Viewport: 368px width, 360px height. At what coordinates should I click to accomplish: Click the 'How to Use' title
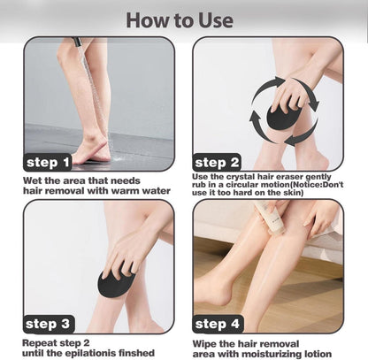tap(180, 20)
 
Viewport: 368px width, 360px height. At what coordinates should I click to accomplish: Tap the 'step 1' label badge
tap(48, 162)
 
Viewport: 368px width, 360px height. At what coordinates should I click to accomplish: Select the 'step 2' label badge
tap(217, 162)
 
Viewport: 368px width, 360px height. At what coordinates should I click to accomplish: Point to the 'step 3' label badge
tap(49, 324)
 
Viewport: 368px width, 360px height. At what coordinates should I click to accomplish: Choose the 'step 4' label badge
tap(218, 324)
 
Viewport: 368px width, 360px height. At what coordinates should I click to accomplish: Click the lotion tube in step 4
tap(271, 218)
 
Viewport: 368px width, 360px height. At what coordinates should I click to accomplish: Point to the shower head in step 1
tap(77, 42)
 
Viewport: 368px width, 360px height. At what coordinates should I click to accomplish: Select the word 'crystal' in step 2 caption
tap(241, 177)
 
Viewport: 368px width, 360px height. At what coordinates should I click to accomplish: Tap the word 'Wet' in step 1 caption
tap(32, 180)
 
